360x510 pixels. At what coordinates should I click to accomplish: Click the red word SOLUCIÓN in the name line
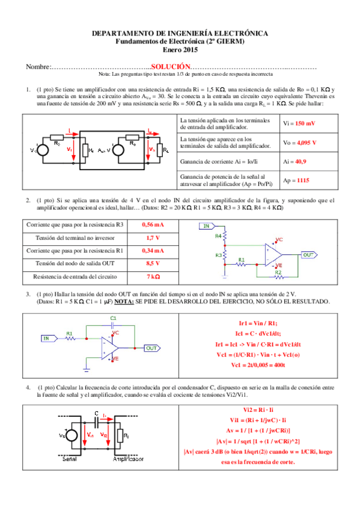pyautogui.click(x=171, y=66)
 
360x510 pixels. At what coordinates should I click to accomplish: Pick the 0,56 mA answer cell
pyautogui.click(x=153, y=225)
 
